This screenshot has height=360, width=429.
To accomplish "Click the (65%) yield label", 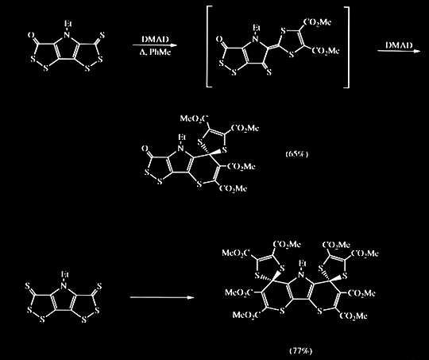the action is [x=297, y=154].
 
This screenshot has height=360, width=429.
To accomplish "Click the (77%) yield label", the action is [x=300, y=350].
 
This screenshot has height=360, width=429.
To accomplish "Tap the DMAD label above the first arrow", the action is [x=155, y=40].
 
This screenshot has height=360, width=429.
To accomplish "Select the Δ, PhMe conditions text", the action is [x=155, y=52].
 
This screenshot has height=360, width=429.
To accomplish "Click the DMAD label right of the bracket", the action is [x=399, y=45].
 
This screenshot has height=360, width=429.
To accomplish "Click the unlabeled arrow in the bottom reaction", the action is [x=162, y=297].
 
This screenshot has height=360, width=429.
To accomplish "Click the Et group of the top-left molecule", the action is [x=68, y=24].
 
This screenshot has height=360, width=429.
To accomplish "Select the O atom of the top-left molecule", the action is [x=31, y=35].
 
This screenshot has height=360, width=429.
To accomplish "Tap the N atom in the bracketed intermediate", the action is [x=255, y=39].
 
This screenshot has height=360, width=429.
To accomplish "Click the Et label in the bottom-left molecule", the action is [x=64, y=274].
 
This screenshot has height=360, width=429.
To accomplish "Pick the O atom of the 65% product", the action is [x=145, y=149].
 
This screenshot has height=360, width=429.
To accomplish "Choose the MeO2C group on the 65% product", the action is [x=194, y=118].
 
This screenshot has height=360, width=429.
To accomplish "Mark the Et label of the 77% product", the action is [x=302, y=263].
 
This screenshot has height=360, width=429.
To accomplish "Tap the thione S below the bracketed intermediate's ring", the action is [x=269, y=72].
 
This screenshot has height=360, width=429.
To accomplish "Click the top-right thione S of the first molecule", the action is [x=102, y=35].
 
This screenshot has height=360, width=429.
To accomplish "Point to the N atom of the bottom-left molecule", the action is [x=64, y=286].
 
